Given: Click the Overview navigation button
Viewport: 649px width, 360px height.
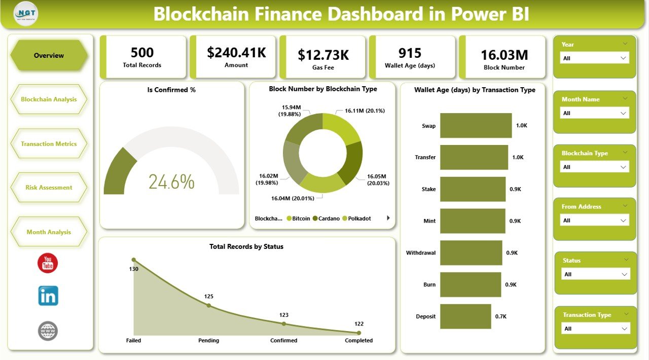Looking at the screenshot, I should [x=49, y=55].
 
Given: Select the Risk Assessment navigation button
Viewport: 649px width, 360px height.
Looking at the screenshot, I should [x=49, y=188].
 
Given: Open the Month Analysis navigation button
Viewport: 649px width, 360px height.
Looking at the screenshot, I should [x=49, y=232].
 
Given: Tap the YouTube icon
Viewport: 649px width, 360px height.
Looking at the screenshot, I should [x=48, y=263].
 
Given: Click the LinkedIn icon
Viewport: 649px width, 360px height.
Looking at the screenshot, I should [x=48, y=296].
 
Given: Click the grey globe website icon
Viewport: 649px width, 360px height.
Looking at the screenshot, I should [x=48, y=331].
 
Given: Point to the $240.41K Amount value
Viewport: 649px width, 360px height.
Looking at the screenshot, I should [x=236, y=53].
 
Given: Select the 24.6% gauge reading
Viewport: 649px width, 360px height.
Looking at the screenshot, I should [x=171, y=182].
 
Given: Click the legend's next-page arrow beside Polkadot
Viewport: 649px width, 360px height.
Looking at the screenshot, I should [x=388, y=218].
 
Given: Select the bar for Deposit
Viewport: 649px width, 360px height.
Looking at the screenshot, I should [x=465, y=316].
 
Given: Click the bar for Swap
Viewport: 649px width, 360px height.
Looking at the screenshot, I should [x=476, y=125].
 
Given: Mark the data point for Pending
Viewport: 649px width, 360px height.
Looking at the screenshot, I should [x=208, y=305].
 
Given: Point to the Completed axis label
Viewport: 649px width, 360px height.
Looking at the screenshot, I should [x=358, y=340].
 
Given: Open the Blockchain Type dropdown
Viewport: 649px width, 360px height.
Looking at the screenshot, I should [x=595, y=167].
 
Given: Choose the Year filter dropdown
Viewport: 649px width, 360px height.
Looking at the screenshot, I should [x=595, y=58].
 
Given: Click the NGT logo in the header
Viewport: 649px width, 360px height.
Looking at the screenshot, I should [x=26, y=14].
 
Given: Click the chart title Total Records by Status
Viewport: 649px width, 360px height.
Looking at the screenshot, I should [x=246, y=246].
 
